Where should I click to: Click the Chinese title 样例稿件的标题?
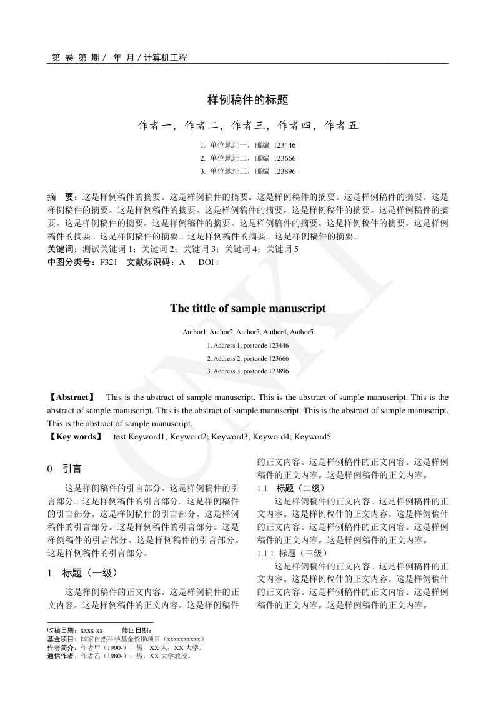pos(247,99)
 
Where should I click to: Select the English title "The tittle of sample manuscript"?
pos(247,308)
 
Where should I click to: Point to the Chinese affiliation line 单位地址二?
pos(229,158)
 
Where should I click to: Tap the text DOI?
pos(206,262)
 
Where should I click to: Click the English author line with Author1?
pos(247,332)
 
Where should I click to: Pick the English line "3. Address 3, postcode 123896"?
pos(247,371)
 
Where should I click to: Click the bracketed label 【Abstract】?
pos(71,397)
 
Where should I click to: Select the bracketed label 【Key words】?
pos(74,436)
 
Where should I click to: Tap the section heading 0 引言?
pos(64,468)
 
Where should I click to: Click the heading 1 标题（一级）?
pos(82,573)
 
